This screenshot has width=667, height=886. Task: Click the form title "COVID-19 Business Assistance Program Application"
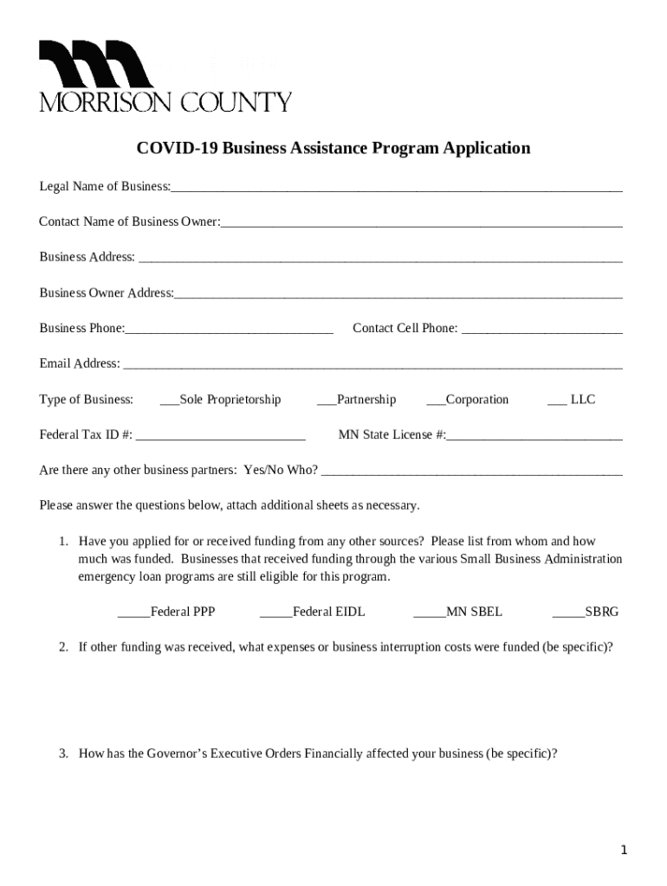tap(333, 148)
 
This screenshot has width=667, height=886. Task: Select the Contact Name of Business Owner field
tap(421, 224)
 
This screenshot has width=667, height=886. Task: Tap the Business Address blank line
tap(379, 260)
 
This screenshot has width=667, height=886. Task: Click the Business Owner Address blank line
tap(398, 295)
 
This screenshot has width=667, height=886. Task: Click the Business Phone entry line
tap(229, 331)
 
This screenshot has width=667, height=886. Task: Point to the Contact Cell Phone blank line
tap(541, 331)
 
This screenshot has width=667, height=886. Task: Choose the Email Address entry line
tap(372, 366)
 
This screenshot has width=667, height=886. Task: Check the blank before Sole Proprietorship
tap(170, 401)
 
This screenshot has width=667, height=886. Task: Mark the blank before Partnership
tap(327, 401)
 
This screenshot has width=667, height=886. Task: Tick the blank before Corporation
tap(436, 401)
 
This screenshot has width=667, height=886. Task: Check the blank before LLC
tap(557, 401)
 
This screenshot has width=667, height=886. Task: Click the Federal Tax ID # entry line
tap(221, 437)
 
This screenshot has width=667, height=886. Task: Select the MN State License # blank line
tap(534, 437)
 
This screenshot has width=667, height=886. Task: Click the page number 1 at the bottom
tap(624, 851)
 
